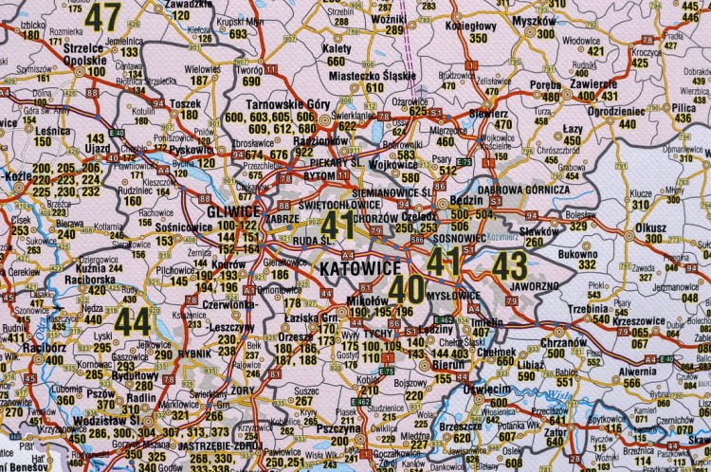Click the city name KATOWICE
349,268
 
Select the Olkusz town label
650,227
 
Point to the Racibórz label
20,347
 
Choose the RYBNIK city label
195,354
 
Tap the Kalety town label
336,47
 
